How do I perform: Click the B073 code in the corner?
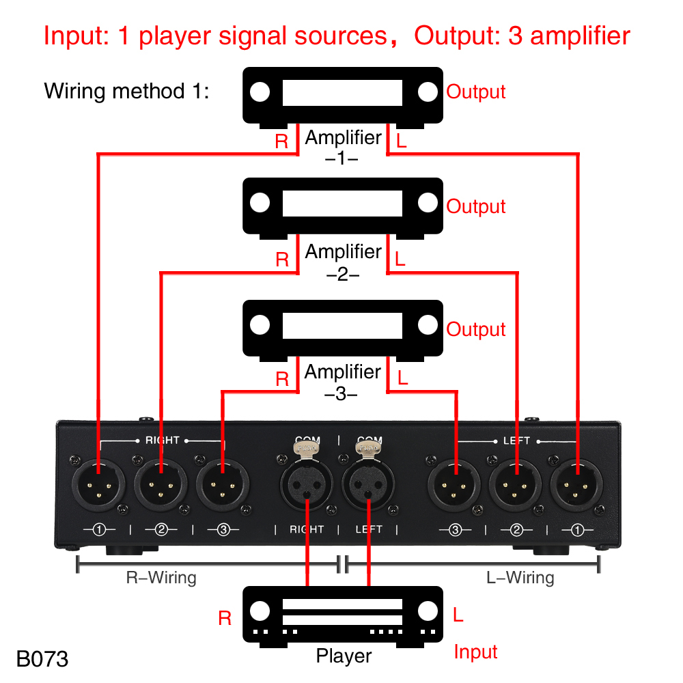pos(42,658)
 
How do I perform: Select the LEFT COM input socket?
pos(369,486)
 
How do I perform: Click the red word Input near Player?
pos(476,652)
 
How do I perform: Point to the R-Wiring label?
pos(161,578)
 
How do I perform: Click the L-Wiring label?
pos(520,578)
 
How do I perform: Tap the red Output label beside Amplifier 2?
pos(476,206)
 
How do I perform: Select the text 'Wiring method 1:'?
pos(126,91)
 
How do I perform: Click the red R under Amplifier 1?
pos(281,142)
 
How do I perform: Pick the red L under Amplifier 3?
pos(402,377)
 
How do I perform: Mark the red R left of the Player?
pos(225,618)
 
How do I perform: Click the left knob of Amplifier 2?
pos(260,204)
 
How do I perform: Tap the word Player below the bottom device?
pos(344,656)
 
